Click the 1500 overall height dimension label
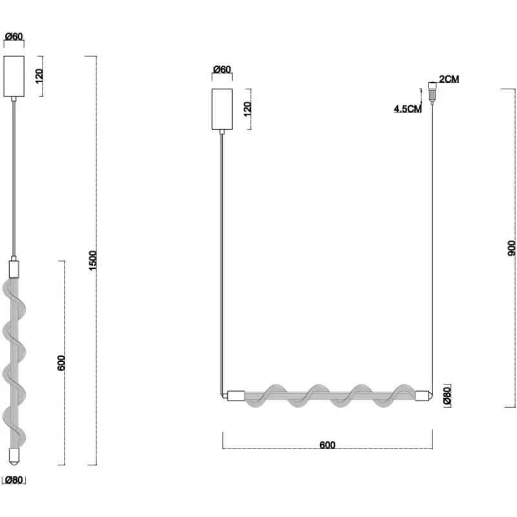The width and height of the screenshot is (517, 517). click(93, 260)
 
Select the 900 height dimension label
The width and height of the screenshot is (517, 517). click(511, 248)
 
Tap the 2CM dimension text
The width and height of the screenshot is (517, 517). click(448, 79)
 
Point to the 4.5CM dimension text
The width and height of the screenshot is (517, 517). click(408, 109)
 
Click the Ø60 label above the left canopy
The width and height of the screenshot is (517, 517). click(14, 36)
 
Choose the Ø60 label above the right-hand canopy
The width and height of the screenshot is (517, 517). click(222, 70)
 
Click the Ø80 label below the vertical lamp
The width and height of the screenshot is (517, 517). click(14, 480)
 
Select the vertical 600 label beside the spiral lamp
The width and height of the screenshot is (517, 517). click(61, 363)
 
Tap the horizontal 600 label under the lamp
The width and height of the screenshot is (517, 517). click(328, 445)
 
